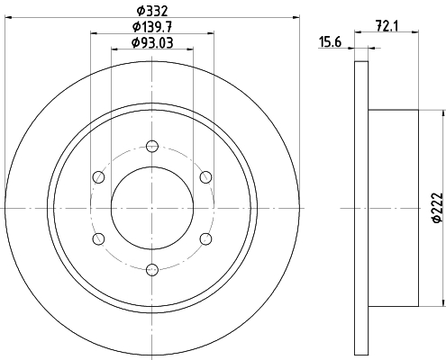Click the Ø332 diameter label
[x=151, y=11]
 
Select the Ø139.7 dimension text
[x=152, y=27]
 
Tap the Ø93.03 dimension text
[x=152, y=43]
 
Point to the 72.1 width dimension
[x=387, y=26]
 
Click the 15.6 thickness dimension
[x=330, y=42]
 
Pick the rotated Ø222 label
[x=437, y=207]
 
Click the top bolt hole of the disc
[x=152, y=147]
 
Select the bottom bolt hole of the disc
[x=152, y=270]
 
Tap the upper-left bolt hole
[x=99, y=177]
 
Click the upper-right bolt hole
[x=205, y=177]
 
